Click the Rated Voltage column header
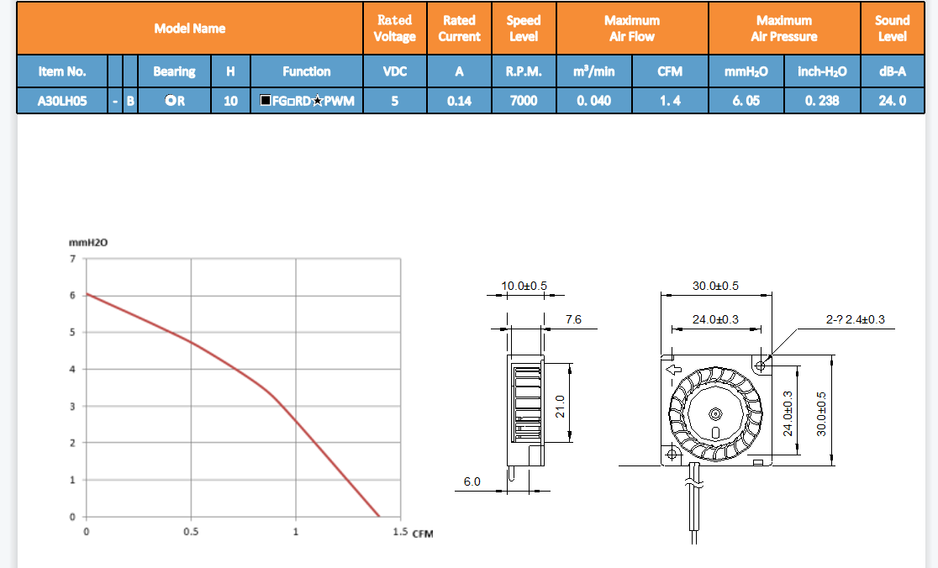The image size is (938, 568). tap(395, 28)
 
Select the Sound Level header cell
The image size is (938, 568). tap(892, 28)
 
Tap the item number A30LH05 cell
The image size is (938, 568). tap(62, 101)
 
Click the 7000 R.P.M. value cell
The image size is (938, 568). tap(524, 101)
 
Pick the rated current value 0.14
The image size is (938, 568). tap(459, 101)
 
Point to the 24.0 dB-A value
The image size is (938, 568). tap(892, 101)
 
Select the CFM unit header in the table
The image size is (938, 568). tap(670, 71)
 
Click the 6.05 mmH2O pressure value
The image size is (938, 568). tap(746, 101)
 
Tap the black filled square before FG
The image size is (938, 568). tap(266, 100)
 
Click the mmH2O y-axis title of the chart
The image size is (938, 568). tap(88, 243)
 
